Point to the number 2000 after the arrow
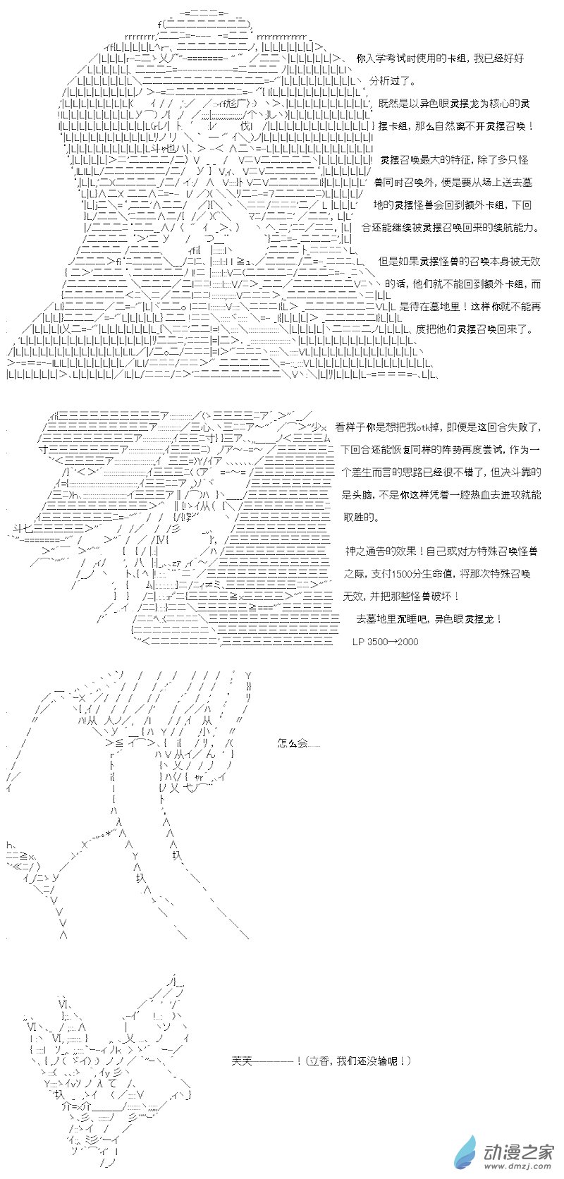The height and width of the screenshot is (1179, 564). point(407,642)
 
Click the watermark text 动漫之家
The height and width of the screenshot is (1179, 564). point(518,1149)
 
